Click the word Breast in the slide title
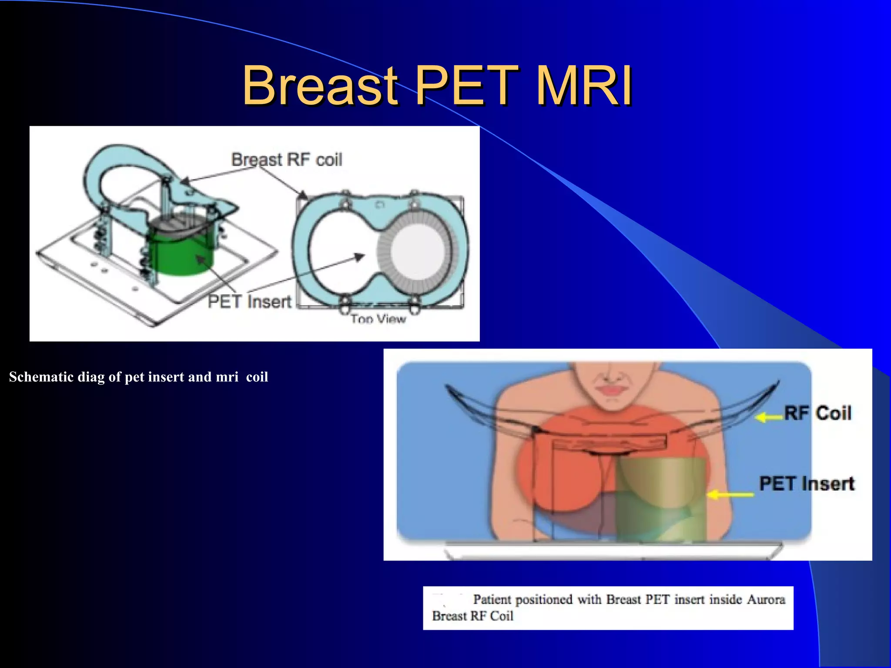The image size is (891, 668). tap(320, 86)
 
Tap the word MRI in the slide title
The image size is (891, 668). tap(583, 86)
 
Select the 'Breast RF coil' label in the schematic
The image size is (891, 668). tap(286, 160)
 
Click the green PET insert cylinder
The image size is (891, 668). tap(183, 257)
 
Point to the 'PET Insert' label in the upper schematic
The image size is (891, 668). tap(249, 301)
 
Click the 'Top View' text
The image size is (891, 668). tap(378, 319)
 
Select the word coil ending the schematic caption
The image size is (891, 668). tap(257, 377)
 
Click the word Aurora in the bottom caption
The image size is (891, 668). tap(766, 599)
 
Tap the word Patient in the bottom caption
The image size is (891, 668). tap(492, 599)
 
